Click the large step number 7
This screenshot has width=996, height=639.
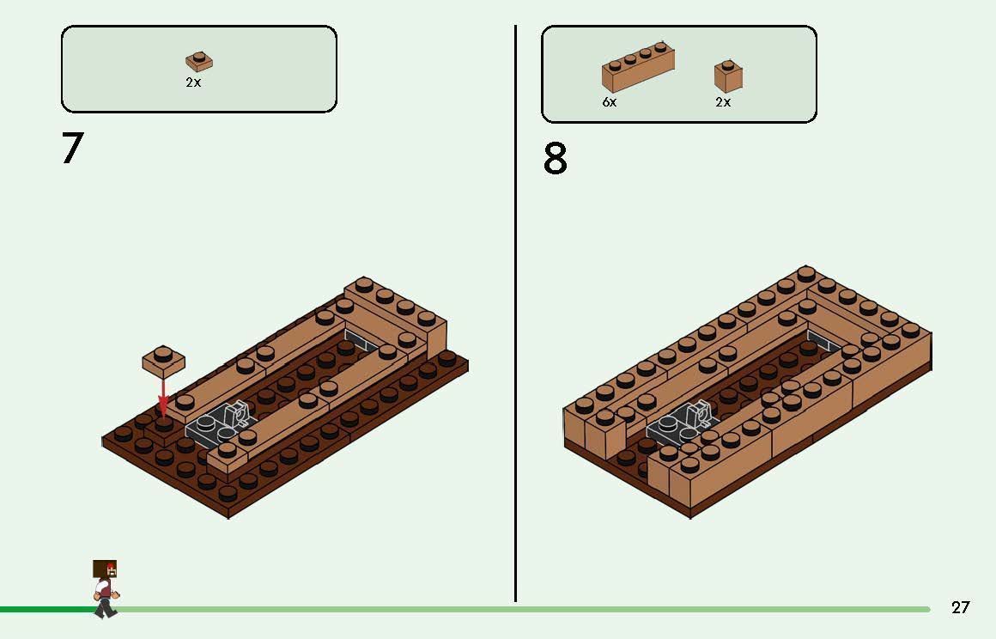pyautogui.click(x=72, y=148)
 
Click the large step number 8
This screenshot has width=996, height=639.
pyautogui.click(x=555, y=159)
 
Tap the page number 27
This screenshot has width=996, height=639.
pyautogui.click(x=961, y=607)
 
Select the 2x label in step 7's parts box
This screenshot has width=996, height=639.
pyautogui.click(x=193, y=82)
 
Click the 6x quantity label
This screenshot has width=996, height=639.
pyautogui.click(x=609, y=101)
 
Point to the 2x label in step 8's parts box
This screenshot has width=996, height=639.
pyautogui.click(x=723, y=101)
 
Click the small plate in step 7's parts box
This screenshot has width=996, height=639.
pyautogui.click(x=199, y=62)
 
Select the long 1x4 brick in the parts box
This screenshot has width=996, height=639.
pyautogui.click(x=638, y=68)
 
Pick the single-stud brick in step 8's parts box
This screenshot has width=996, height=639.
pyautogui.click(x=728, y=76)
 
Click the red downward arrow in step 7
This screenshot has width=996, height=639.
pyautogui.click(x=163, y=395)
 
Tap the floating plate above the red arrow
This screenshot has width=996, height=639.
pyautogui.click(x=163, y=360)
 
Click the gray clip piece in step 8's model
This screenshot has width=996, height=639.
pyautogui.click(x=681, y=422)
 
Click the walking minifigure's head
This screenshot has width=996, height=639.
pyautogui.click(x=105, y=569)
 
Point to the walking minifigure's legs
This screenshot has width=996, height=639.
pyautogui.click(x=105, y=607)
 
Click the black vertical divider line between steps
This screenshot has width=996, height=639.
pyautogui.click(x=515, y=313)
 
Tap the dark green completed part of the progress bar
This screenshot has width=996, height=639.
pyautogui.click(x=46, y=610)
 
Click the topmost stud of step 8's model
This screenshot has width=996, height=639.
pyautogui.click(x=806, y=274)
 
